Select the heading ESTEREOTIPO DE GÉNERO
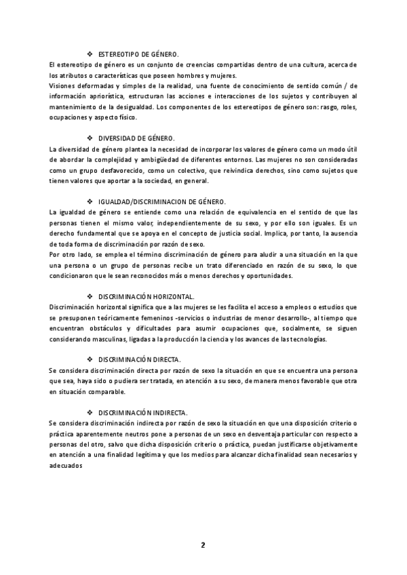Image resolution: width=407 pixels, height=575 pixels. tap(138, 53)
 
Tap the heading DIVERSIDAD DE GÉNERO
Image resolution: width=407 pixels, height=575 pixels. tap(137, 138)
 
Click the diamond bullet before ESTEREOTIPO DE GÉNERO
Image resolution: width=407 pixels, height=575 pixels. tap(90, 53)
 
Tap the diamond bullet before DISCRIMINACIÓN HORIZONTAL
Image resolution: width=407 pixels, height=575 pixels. tap(90, 296)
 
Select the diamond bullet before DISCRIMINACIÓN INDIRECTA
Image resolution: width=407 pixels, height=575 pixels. tap(90, 412)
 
